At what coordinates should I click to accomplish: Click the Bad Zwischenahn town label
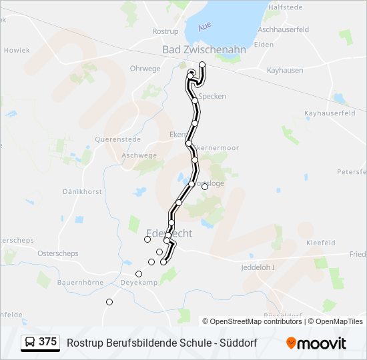click(204, 49)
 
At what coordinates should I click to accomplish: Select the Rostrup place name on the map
click(165, 31)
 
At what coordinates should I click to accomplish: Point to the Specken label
click(212, 96)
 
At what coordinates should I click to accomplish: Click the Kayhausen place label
click(285, 70)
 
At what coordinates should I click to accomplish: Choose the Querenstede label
click(117, 140)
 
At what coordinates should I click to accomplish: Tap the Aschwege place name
click(139, 155)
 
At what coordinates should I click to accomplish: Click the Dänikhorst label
click(82, 191)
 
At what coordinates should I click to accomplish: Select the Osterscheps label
click(58, 253)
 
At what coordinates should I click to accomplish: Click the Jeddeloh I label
click(257, 267)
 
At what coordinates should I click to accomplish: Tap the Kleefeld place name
click(320, 243)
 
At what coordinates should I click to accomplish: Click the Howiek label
click(17, 50)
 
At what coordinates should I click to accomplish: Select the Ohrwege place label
click(145, 68)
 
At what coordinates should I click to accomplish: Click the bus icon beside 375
click(30, 342)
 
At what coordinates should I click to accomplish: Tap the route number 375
click(48, 342)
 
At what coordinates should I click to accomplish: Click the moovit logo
click(316, 343)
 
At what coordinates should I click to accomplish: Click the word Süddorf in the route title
click(237, 343)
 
